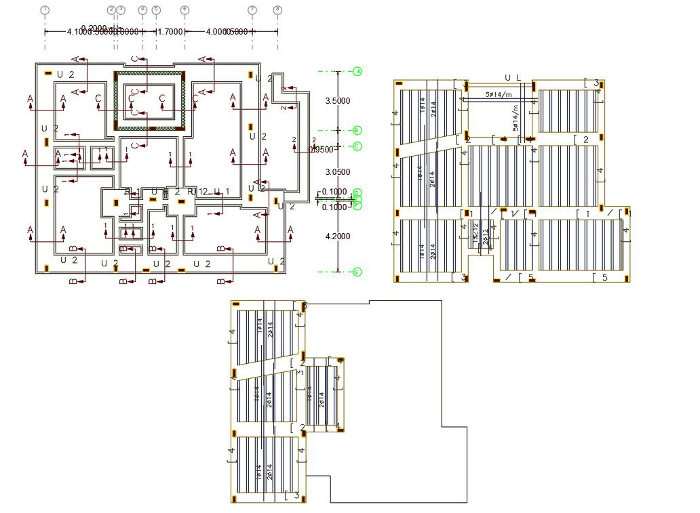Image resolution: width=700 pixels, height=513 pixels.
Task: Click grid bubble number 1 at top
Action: tap(45, 9)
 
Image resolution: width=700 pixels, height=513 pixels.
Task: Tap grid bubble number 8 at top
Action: tap(277, 9)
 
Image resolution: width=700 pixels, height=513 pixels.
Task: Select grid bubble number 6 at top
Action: tap(184, 9)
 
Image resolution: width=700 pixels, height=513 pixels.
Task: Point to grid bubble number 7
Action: tap(252, 9)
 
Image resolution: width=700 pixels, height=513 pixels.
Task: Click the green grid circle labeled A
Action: tap(357, 70)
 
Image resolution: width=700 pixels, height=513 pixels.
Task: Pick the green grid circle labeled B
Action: tap(357, 130)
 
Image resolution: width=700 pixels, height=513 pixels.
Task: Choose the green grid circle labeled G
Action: tap(357, 272)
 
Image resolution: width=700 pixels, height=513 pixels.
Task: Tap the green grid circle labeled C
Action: tap(357, 146)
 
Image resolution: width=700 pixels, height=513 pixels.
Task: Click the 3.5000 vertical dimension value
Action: tap(338, 101)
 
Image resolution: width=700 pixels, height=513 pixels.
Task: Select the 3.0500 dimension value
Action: tap(338, 172)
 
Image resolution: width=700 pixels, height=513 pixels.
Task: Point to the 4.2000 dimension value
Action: tap(338, 237)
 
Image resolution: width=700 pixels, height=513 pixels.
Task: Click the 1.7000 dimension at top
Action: tap(170, 31)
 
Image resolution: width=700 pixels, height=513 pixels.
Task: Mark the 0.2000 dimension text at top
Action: tap(94, 28)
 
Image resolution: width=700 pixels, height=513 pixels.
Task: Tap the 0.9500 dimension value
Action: tap(322, 150)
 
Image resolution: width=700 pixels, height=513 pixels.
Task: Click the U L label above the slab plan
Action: tap(513, 78)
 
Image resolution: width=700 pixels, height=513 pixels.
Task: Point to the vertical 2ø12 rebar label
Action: tap(486, 237)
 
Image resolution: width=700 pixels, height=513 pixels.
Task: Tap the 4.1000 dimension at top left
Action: tap(81, 32)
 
